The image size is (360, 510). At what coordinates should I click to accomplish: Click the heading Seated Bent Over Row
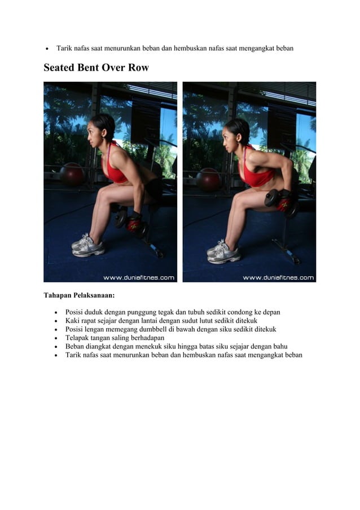click(96, 67)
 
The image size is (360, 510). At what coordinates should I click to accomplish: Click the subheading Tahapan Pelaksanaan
click(79, 295)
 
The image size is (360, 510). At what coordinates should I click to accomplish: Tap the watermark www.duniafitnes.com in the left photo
click(139, 278)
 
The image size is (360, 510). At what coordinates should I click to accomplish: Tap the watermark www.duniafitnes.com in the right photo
click(278, 278)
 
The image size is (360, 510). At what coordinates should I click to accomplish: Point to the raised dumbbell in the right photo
click(282, 202)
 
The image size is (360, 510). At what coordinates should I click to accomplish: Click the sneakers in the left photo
click(88, 245)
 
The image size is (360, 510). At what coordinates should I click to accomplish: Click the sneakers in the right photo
click(223, 252)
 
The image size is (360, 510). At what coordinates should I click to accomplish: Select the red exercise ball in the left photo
click(72, 174)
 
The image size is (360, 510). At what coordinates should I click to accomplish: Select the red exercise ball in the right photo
click(208, 180)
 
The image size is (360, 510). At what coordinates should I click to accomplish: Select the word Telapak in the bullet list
click(76, 338)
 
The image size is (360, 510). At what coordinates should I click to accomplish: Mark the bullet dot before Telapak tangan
click(56, 338)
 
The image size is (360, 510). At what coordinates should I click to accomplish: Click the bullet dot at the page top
click(47, 49)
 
